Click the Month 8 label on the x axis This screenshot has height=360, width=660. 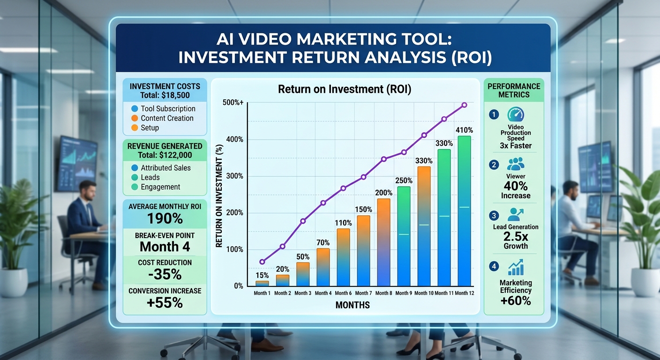[x=383, y=293]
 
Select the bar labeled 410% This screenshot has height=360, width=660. [x=465, y=211]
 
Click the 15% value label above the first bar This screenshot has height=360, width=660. [x=262, y=275]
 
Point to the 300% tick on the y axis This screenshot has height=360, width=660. [x=234, y=176]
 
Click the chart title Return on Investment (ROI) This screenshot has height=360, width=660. [x=345, y=89]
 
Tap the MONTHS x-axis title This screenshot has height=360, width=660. [x=352, y=305]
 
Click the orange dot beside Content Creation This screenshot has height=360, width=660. [x=135, y=118]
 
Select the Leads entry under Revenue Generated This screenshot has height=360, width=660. [x=150, y=177]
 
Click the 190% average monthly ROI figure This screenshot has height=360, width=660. [x=165, y=218]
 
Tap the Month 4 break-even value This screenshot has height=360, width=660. [x=165, y=247]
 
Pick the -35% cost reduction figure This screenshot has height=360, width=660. [x=165, y=274]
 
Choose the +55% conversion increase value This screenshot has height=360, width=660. [x=165, y=302]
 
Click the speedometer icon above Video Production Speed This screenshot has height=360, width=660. [x=516, y=114]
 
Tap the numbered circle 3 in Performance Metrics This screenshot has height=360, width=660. [x=494, y=215]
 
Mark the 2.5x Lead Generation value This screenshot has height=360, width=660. [x=516, y=236]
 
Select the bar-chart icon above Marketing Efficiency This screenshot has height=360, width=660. [x=516, y=267]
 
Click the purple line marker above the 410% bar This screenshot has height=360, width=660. [x=465, y=105]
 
